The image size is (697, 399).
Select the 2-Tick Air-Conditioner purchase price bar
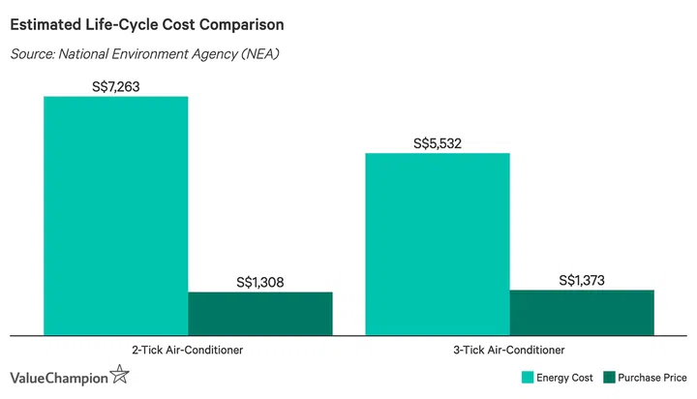coord(259,313)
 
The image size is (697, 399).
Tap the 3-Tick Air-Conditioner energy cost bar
coord(437,243)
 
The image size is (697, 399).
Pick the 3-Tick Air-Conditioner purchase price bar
coord(582,312)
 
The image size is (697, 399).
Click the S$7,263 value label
coord(115,86)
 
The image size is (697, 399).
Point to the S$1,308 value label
coord(259,283)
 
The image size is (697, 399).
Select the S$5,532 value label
coord(437,143)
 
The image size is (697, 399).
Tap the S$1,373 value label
coord(583,281)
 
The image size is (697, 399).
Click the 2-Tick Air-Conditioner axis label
coord(188,349)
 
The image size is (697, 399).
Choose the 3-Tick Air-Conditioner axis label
coord(510,349)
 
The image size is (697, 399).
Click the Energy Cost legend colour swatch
coord(529,377)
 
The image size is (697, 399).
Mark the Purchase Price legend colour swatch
coord(610,377)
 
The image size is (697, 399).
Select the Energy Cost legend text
coord(564,377)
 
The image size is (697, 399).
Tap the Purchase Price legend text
coord(653,377)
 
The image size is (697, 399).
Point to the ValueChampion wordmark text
coord(58,378)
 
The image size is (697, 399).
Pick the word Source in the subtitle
coord(32,53)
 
